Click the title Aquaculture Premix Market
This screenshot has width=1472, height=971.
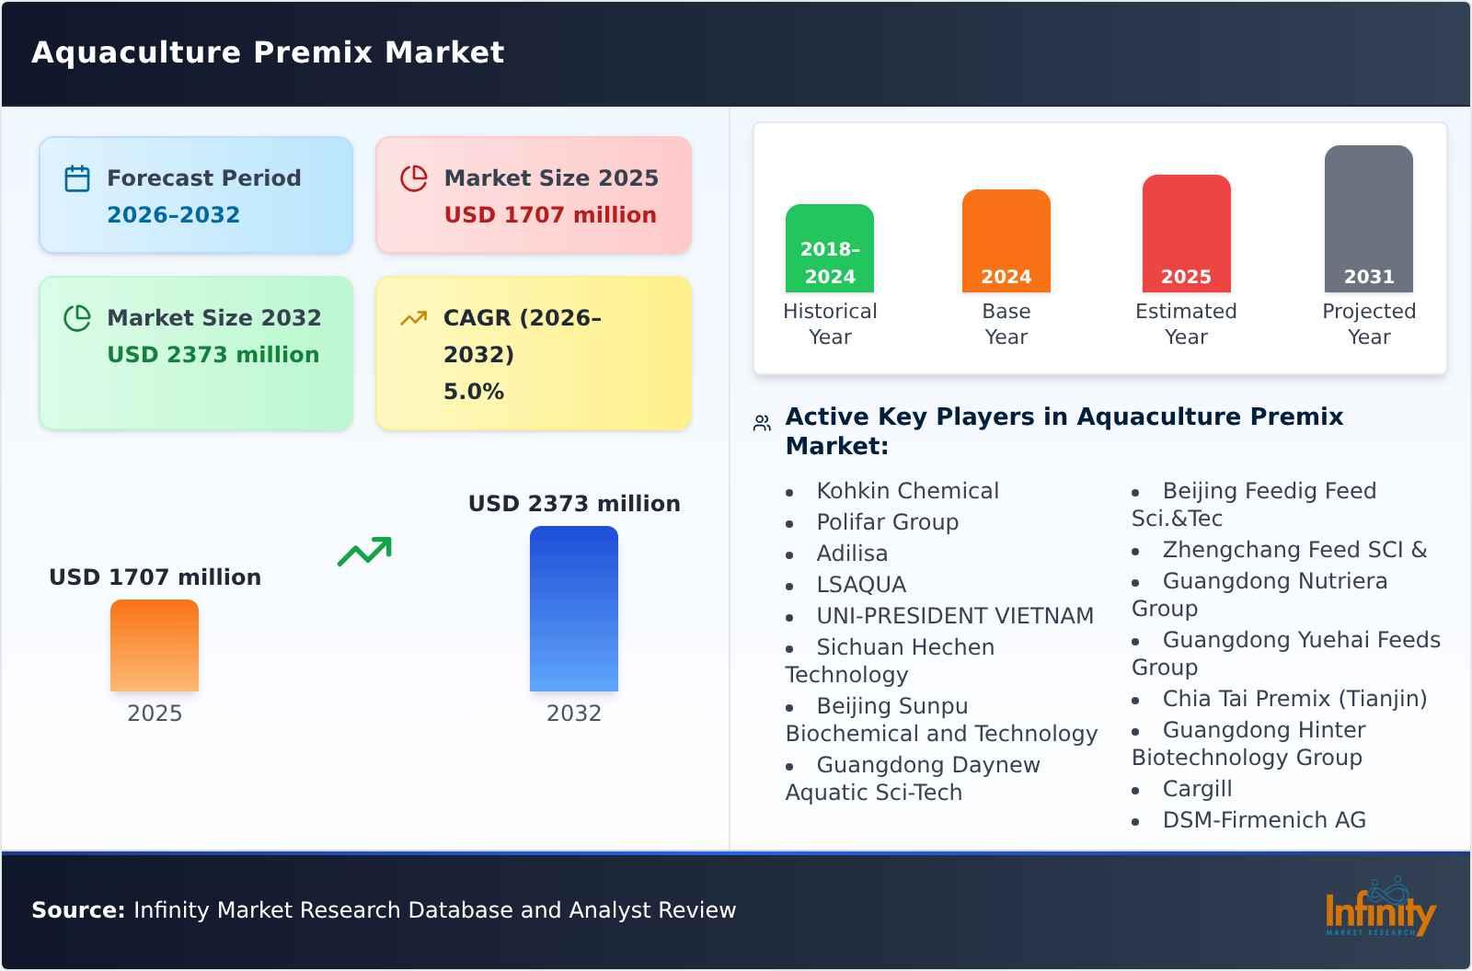[x=268, y=52]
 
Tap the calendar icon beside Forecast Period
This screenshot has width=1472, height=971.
[x=77, y=178]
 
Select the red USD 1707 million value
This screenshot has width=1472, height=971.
[x=550, y=215]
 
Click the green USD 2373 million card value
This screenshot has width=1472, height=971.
[x=213, y=355]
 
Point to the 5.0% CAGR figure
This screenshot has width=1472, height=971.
[x=473, y=392]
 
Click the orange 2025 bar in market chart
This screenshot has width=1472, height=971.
[x=155, y=645]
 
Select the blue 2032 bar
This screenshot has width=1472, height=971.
[x=573, y=609]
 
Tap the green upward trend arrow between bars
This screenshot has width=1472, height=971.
[x=364, y=552]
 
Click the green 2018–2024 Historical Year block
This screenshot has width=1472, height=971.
[x=829, y=248]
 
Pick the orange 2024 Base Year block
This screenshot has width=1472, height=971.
[x=1006, y=241]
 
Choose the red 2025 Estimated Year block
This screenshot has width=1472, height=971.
[x=1186, y=234]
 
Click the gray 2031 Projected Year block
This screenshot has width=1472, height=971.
[x=1368, y=219]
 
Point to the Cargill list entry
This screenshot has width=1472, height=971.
[x=1197, y=789]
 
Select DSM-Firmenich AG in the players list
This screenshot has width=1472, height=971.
[x=1264, y=820]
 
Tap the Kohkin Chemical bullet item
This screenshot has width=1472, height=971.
[x=907, y=491]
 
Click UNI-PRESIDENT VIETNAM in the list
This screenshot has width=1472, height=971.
[x=955, y=616]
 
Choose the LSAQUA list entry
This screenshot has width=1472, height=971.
[x=861, y=585]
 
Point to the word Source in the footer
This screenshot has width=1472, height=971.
[x=77, y=910]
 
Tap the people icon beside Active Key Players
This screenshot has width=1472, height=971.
[x=762, y=423]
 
